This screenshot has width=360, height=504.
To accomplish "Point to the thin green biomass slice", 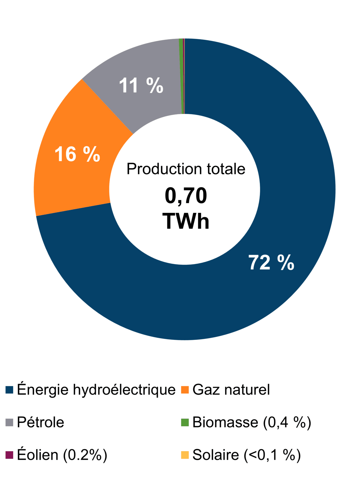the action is tap(181, 76).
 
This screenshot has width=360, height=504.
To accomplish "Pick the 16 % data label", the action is tap(77, 154).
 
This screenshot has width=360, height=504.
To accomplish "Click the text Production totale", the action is tap(186, 169).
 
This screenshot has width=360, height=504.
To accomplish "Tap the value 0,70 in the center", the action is tap(186, 196).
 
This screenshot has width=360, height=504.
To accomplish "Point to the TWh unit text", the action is tap(186, 221).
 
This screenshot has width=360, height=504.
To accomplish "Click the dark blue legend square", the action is tap(9, 390).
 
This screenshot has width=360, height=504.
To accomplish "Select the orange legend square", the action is tap(185, 390).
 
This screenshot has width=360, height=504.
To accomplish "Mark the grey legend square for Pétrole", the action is tap(9, 422).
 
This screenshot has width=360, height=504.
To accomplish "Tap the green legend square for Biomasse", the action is tap(185, 422).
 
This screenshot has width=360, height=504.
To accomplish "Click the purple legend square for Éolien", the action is tap(9, 455).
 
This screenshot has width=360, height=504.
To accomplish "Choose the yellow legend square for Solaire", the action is tap(185, 455).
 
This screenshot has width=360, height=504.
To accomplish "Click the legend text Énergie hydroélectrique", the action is tap(96, 390).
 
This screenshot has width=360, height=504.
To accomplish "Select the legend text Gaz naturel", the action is tap(231, 390).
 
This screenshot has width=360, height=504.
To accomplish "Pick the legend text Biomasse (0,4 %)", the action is tap(252, 422).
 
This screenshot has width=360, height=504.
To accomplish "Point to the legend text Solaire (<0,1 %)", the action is tap(247, 455).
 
